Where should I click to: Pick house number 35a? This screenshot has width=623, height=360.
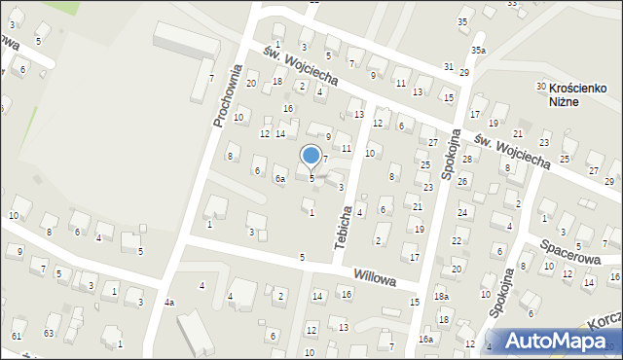[479, 50]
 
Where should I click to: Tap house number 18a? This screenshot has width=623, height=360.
[442, 297]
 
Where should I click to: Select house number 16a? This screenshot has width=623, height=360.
[425, 339]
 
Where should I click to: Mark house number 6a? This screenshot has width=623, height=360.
[279, 179]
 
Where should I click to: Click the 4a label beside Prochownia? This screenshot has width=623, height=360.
[169, 303]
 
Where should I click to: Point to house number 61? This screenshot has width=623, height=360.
[17, 336]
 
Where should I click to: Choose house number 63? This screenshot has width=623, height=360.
[49, 334]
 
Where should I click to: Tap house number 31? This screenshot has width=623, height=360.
[449, 66]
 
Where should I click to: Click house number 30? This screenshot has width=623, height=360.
[540, 88]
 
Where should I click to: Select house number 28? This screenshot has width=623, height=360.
[467, 160]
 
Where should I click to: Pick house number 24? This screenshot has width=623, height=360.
[462, 212]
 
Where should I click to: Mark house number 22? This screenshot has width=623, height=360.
[457, 240]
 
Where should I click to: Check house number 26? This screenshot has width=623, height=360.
[462, 182]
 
